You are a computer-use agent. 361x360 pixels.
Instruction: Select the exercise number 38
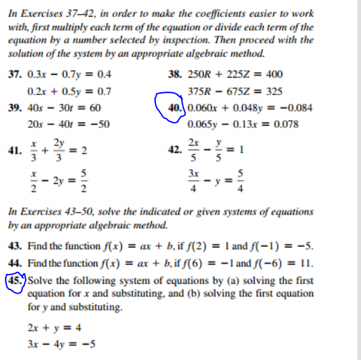tap(175, 74)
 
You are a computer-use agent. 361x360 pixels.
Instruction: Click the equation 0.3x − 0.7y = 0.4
tap(69, 74)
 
